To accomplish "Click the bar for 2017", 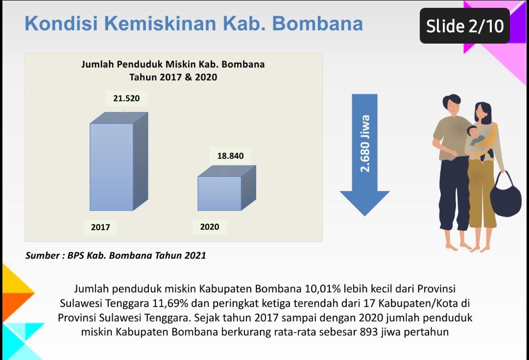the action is (x=119, y=161).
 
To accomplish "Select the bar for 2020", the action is (x=227, y=188).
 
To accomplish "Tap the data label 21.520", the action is (x=126, y=98).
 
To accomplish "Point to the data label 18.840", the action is (x=230, y=156).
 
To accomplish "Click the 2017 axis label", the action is (x=100, y=227).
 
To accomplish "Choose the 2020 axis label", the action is (x=210, y=227).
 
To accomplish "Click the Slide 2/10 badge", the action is (x=464, y=26).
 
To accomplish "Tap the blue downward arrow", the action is (x=365, y=155).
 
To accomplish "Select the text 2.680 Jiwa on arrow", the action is (x=365, y=144).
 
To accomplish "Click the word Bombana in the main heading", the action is (x=317, y=24).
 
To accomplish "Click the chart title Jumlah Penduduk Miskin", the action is (x=173, y=65).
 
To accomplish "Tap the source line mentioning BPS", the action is (x=116, y=255).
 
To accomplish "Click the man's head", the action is (x=452, y=105).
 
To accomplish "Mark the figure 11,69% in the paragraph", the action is (x=170, y=303).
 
